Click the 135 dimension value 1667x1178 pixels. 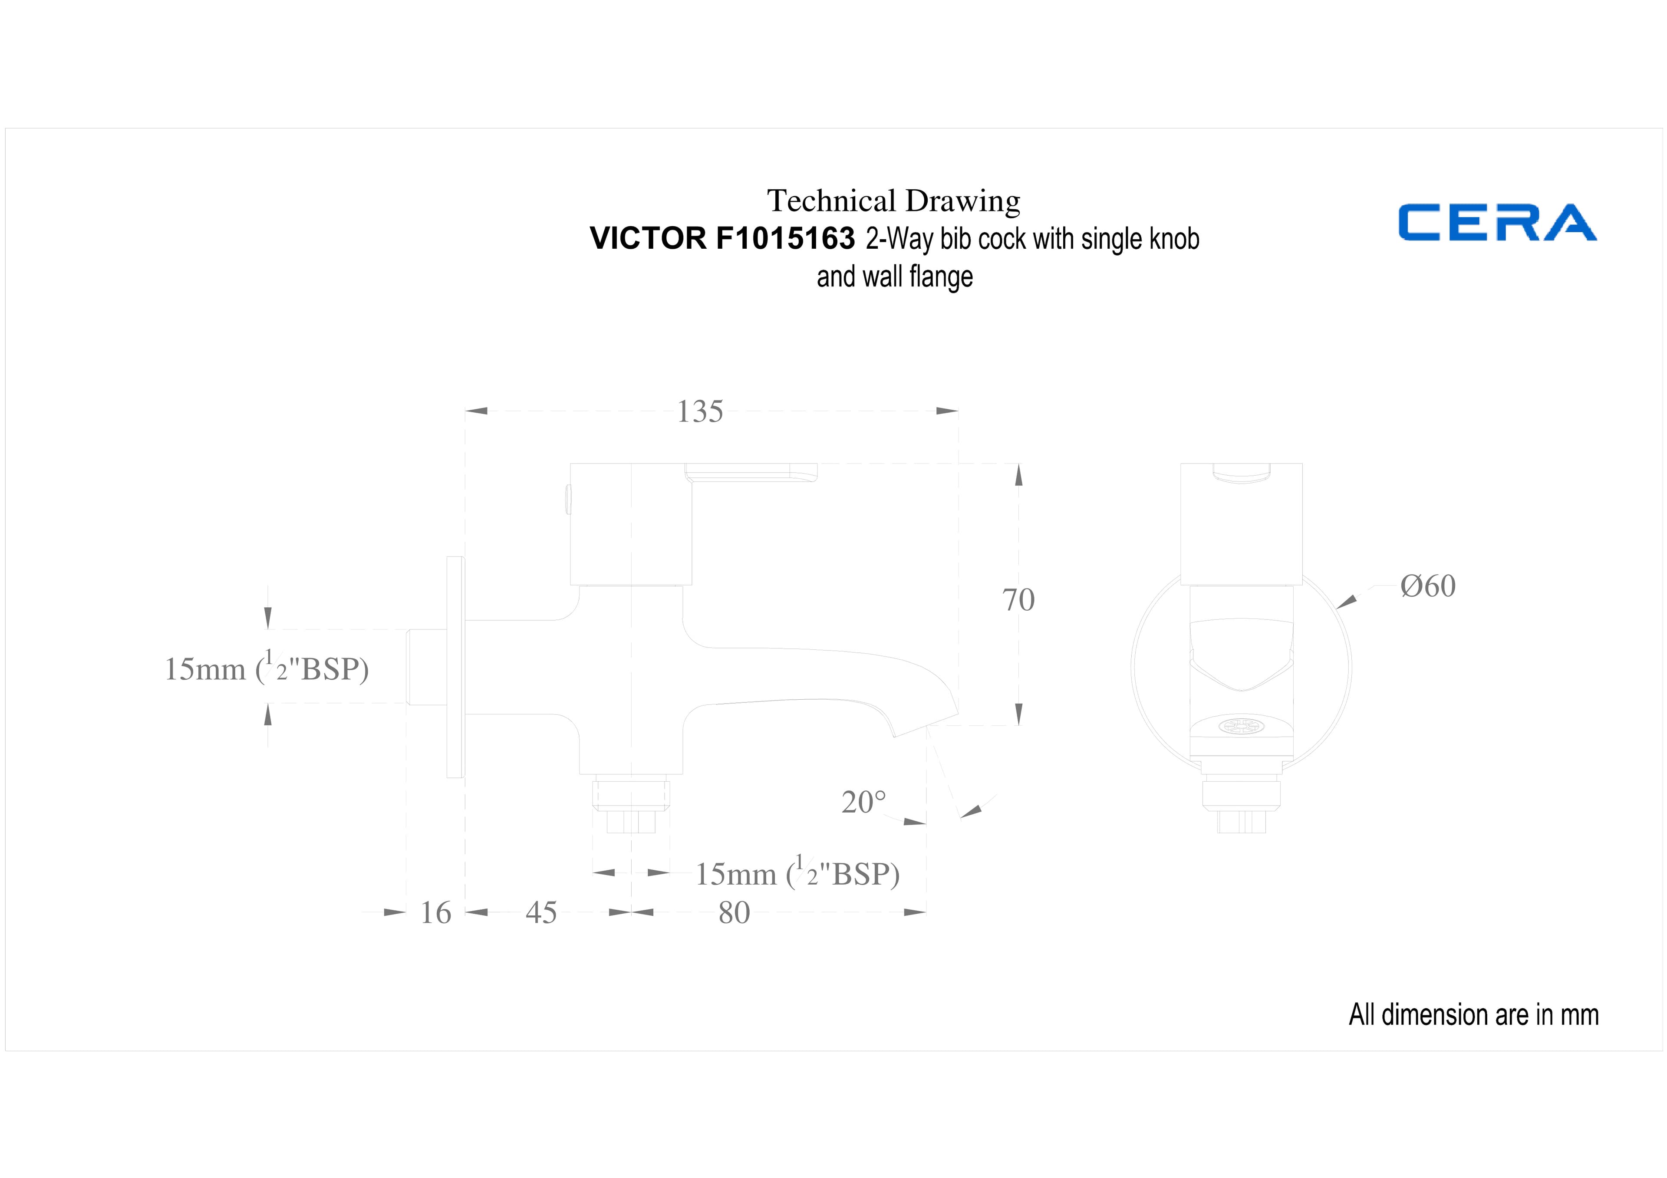pyautogui.click(x=700, y=411)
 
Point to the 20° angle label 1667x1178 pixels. pyautogui.click(x=864, y=802)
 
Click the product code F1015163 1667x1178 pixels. pyautogui.click(x=786, y=238)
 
